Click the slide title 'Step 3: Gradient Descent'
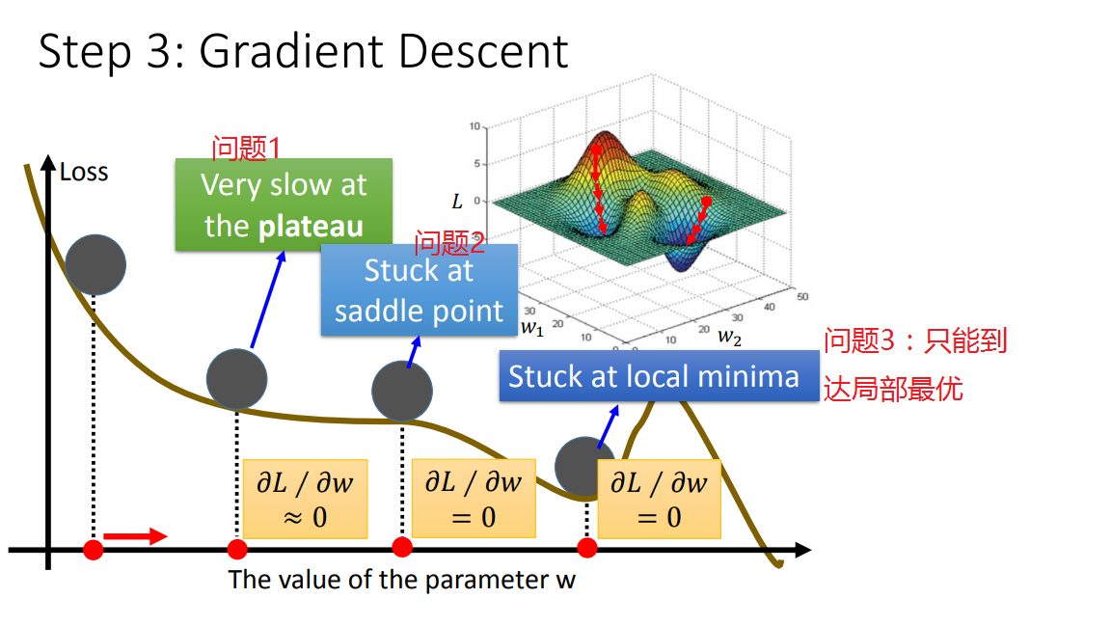(303, 52)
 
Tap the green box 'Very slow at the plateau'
(284, 204)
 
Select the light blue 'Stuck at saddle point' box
(419, 290)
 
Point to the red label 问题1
(246, 149)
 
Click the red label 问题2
(448, 242)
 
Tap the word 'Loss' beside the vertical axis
(84, 173)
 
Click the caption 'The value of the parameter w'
(401, 580)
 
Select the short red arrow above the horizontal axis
(134, 536)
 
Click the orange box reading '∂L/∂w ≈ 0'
(305, 499)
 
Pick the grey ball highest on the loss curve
(95, 263)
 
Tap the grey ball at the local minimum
(585, 467)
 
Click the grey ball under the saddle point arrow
(402, 391)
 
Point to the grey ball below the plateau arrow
(236, 379)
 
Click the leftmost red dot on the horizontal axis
(94, 550)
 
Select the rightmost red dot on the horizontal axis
(587, 548)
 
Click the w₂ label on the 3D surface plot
(730, 337)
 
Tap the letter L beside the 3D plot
(457, 202)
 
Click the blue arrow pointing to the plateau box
(268, 299)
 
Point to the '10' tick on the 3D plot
(474, 126)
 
